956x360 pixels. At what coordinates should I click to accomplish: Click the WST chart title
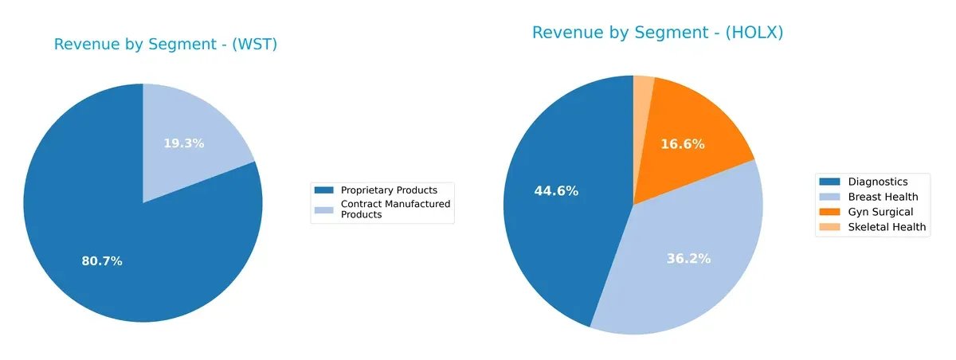[166, 45]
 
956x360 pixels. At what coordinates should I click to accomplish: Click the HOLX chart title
[658, 33]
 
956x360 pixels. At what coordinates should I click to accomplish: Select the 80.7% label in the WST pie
[102, 261]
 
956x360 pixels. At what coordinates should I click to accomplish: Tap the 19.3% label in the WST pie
[184, 143]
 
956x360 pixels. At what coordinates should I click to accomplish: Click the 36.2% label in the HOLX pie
[688, 259]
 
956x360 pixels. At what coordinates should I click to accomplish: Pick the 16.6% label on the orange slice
[683, 144]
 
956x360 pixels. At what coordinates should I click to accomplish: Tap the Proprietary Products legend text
[389, 190]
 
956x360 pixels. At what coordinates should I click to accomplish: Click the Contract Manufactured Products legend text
[395, 209]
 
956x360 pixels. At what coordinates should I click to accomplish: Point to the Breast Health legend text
[883, 197]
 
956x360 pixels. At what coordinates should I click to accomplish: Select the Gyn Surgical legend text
[880, 212]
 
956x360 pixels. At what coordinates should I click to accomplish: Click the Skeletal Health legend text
[887, 227]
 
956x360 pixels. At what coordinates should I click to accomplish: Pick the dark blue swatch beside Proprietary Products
[324, 190]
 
